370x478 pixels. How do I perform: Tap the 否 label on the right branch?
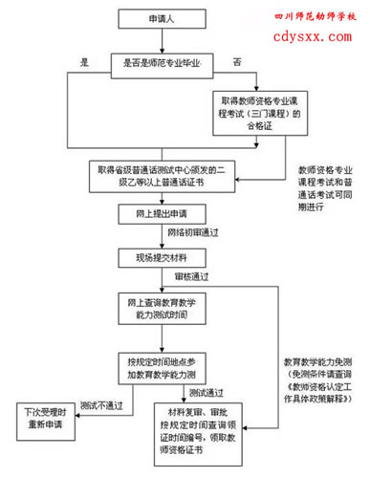[236, 62]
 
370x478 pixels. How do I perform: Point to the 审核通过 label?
[192, 277]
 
